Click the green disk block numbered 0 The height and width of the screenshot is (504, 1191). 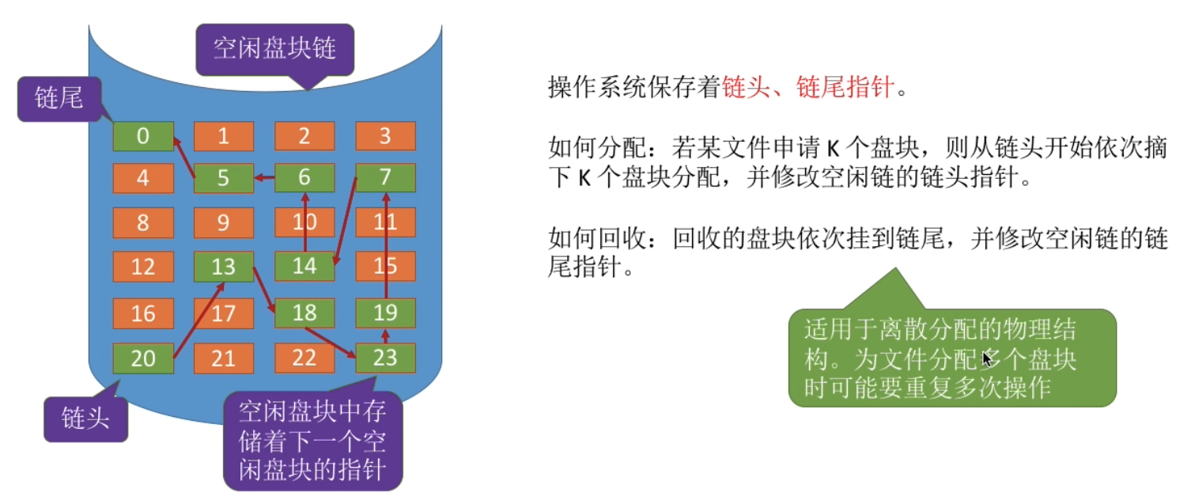[143, 136]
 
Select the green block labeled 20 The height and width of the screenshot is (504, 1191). [143, 358]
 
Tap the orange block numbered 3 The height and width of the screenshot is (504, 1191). [385, 136]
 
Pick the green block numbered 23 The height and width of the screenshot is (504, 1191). [385, 358]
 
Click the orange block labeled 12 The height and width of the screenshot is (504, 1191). [143, 267]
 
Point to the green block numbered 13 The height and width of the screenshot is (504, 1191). [224, 267]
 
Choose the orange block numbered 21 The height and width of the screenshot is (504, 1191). [224, 358]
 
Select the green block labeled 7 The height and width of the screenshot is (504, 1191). [385, 178]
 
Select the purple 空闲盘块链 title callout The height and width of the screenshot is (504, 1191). [275, 49]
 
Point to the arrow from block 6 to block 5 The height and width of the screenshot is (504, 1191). [264, 178]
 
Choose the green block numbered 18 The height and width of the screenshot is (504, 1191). [304, 313]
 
